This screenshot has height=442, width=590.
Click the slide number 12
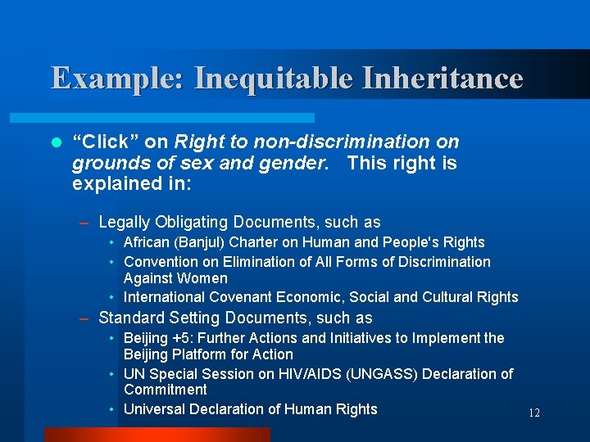(x=534, y=413)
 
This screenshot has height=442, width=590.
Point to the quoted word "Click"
(x=102, y=142)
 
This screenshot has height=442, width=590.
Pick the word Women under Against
(x=205, y=278)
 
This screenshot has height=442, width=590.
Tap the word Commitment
(x=166, y=390)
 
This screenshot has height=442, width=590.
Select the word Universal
(x=155, y=408)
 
